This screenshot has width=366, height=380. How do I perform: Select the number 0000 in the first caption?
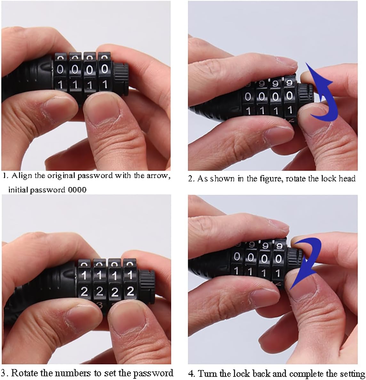77,190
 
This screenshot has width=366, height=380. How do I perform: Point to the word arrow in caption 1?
157,176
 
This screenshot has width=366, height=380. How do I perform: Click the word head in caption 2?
347,178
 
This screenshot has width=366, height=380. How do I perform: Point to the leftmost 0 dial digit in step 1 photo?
60,69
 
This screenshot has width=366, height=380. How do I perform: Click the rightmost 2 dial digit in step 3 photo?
130,291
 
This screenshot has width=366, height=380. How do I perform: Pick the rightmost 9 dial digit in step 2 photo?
289,83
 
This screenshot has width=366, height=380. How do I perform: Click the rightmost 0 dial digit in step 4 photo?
278,259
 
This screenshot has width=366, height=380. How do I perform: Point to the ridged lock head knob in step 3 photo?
147,283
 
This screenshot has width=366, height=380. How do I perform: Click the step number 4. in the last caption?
192,374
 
